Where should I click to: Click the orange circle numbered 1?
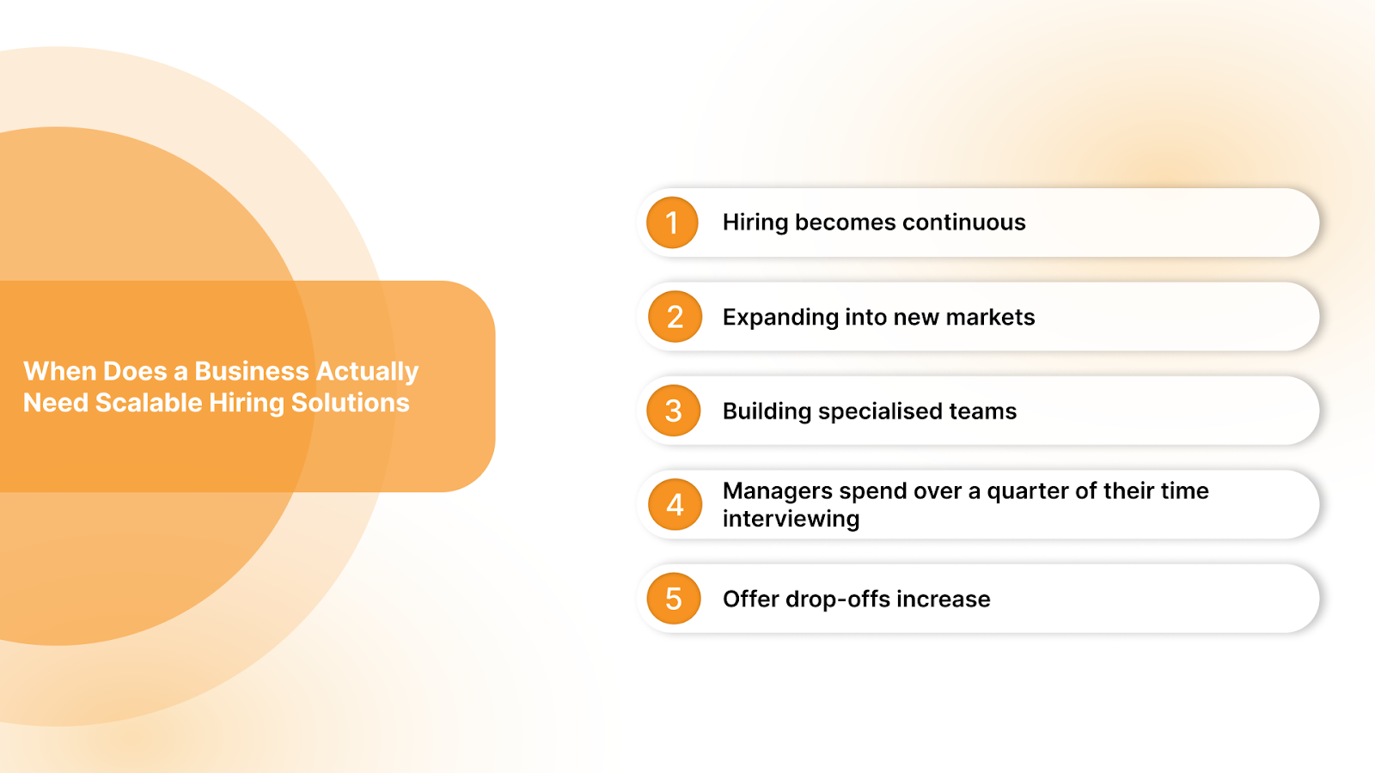pyautogui.click(x=672, y=222)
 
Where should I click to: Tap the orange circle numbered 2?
pyautogui.click(x=675, y=317)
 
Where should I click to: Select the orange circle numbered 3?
pyautogui.click(x=674, y=411)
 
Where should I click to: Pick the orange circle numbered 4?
pyautogui.click(x=675, y=504)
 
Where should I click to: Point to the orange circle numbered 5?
pyautogui.click(x=674, y=599)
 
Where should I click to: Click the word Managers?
pyautogui.click(x=778, y=491)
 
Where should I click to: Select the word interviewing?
pyautogui.click(x=791, y=519)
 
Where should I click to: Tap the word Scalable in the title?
pyautogui.click(x=148, y=403)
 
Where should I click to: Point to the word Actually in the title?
pyautogui.click(x=367, y=371)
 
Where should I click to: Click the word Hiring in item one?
pyautogui.click(x=755, y=222)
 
